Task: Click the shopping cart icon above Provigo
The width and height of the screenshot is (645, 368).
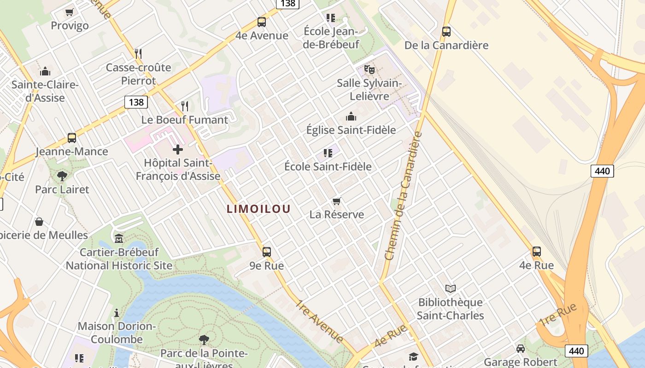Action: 69,12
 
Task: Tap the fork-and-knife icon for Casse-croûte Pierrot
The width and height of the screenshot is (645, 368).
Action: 138,53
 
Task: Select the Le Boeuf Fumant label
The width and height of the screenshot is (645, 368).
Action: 184,120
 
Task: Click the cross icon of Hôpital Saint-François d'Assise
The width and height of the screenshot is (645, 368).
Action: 178,149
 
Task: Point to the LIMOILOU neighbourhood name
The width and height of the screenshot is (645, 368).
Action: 258,209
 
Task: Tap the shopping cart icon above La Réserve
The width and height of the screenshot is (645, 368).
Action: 337,201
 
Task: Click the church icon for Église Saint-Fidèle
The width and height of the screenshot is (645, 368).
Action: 351,116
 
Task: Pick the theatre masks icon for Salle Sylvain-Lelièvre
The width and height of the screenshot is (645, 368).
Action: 369,69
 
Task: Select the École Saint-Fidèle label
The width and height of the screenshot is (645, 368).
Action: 328,167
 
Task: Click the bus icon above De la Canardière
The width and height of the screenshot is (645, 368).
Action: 446,32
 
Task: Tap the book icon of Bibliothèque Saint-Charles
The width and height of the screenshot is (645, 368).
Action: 450,288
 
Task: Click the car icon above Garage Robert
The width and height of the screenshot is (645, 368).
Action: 521,349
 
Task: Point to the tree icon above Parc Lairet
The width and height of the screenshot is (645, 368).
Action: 62,176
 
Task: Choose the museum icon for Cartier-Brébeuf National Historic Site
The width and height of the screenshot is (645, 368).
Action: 119,238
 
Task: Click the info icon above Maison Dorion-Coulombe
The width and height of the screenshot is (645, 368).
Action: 117,313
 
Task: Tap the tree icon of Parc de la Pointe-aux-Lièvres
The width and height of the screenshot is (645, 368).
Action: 204,340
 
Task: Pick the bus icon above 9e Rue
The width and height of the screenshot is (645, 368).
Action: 266,252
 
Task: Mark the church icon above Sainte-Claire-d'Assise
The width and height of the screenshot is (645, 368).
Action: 45,71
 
